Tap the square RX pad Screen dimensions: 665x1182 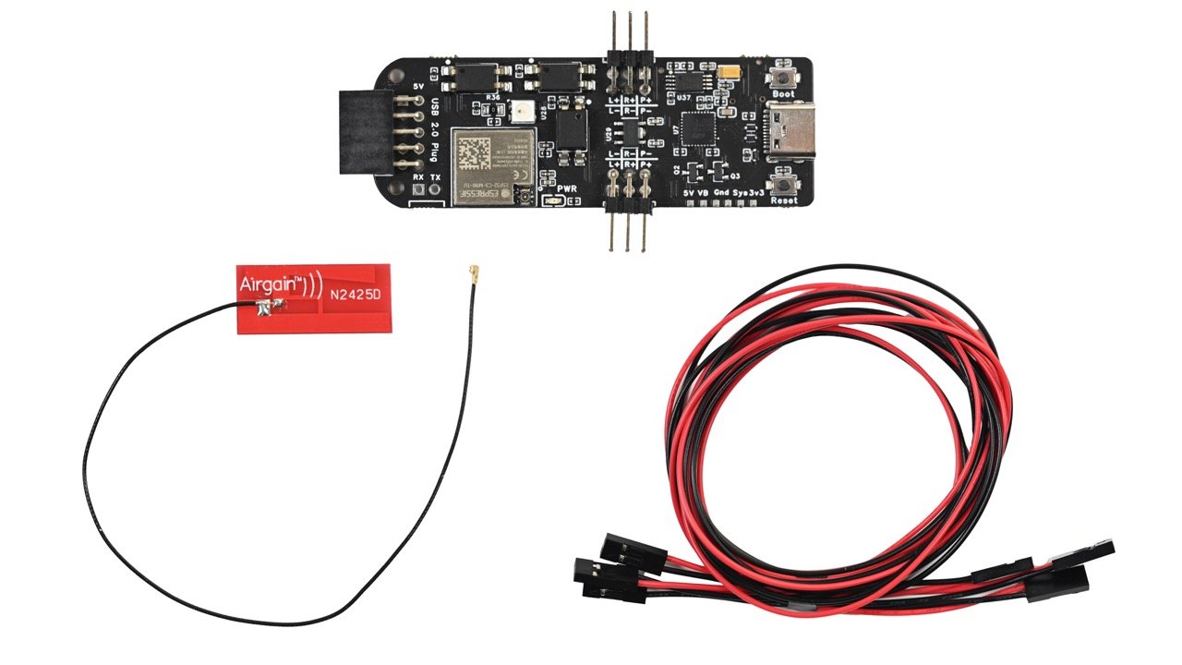click(x=418, y=190)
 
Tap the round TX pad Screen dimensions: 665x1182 click(x=436, y=190)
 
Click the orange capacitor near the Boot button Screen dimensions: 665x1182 click(x=732, y=71)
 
